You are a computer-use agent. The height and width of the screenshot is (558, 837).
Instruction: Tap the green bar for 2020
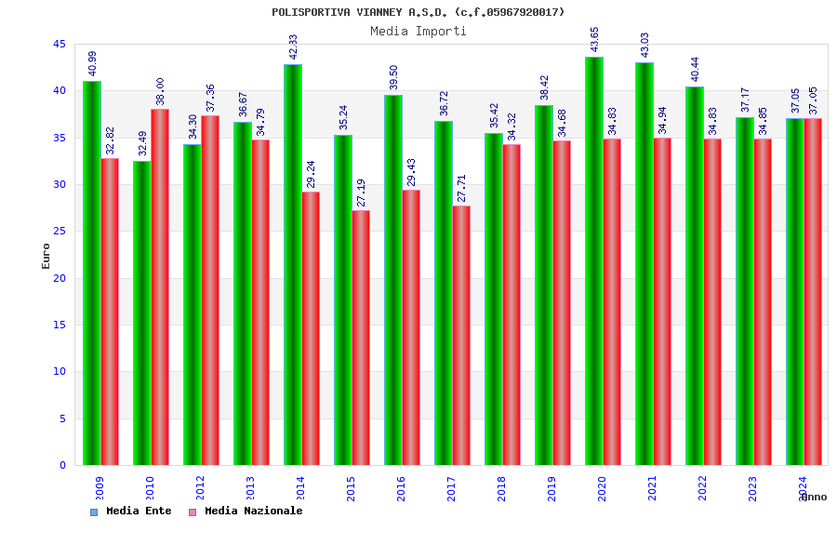pos(593,260)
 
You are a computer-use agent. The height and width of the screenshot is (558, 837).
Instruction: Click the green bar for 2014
pos(292,264)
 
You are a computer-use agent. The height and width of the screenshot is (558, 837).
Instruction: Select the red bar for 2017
pos(461,335)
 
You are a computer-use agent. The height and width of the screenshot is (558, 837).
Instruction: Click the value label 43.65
pos(595,39)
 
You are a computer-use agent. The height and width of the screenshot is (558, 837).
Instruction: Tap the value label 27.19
pos(362,193)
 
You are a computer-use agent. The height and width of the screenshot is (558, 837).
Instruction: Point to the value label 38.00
pos(161,91)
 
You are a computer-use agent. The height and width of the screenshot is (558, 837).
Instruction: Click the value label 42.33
pos(294,46)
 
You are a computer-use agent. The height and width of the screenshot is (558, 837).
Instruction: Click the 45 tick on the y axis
pos(59,44)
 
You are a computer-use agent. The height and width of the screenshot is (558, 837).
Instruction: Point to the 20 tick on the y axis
pos(59,278)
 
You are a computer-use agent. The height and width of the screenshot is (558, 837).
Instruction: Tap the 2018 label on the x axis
pos(501,488)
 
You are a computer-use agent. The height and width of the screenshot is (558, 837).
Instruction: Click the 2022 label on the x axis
pos(702,488)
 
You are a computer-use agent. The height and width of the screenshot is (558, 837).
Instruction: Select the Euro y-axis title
pos(46,256)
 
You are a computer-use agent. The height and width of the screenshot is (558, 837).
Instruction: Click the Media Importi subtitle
pos(418,31)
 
